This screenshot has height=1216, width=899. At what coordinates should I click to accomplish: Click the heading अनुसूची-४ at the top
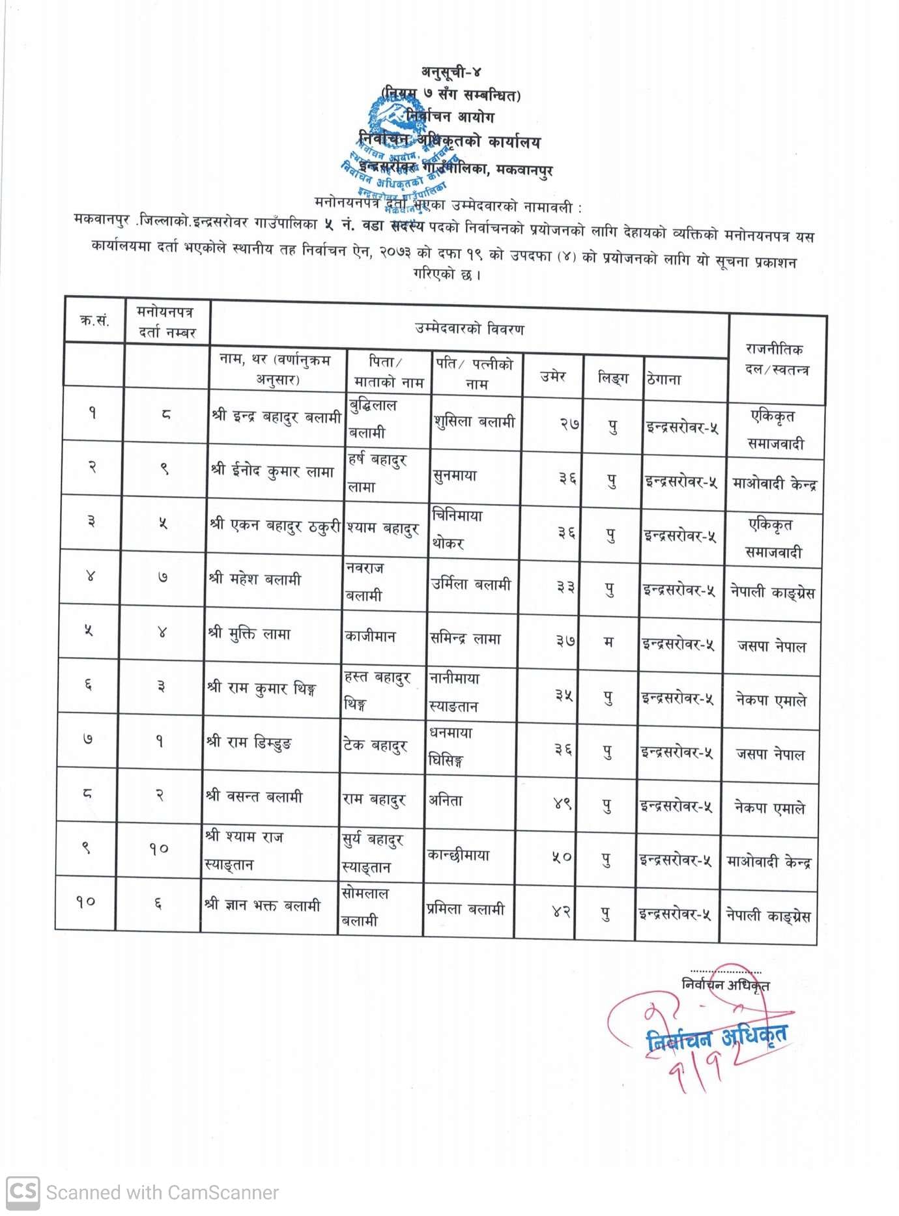tap(451, 72)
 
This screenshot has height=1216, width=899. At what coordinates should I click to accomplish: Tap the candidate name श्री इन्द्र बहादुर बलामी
tap(277, 417)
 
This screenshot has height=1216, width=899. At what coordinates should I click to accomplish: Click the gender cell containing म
tap(608, 642)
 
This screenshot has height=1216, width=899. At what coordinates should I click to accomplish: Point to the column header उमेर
tap(553, 376)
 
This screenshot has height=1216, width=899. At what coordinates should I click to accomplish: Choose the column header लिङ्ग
tap(613, 377)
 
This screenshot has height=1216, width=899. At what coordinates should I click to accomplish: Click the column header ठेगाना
tap(664, 379)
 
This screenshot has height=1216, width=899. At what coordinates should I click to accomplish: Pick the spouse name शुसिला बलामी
tap(475, 422)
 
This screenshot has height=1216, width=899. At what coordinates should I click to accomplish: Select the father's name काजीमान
tap(370, 636)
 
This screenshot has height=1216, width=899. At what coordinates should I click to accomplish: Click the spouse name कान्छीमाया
tap(458, 855)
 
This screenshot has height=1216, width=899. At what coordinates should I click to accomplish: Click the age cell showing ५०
tap(562, 858)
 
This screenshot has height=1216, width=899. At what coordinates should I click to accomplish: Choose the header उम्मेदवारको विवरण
tap(469, 329)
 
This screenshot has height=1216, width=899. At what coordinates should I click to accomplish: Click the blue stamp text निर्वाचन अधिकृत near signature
tap(717, 1037)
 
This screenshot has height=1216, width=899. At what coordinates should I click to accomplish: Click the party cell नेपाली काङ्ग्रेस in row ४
tap(772, 593)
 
